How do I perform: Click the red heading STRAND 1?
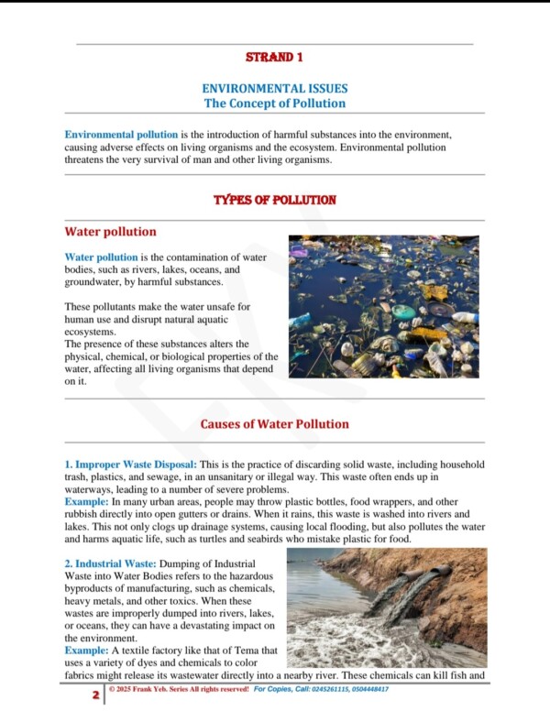coord(274,57)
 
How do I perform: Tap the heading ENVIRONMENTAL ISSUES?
coord(274,89)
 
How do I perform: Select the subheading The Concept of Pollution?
coord(274,104)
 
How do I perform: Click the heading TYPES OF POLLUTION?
coord(274,200)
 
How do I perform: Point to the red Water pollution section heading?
coord(110,232)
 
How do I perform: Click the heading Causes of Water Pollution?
coord(274,423)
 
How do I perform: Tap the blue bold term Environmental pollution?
coord(121,135)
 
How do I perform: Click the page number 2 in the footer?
coord(95,695)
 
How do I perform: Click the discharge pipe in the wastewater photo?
coord(427,584)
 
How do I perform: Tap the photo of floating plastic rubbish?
coord(383,306)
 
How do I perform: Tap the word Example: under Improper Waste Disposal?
coord(85,503)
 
